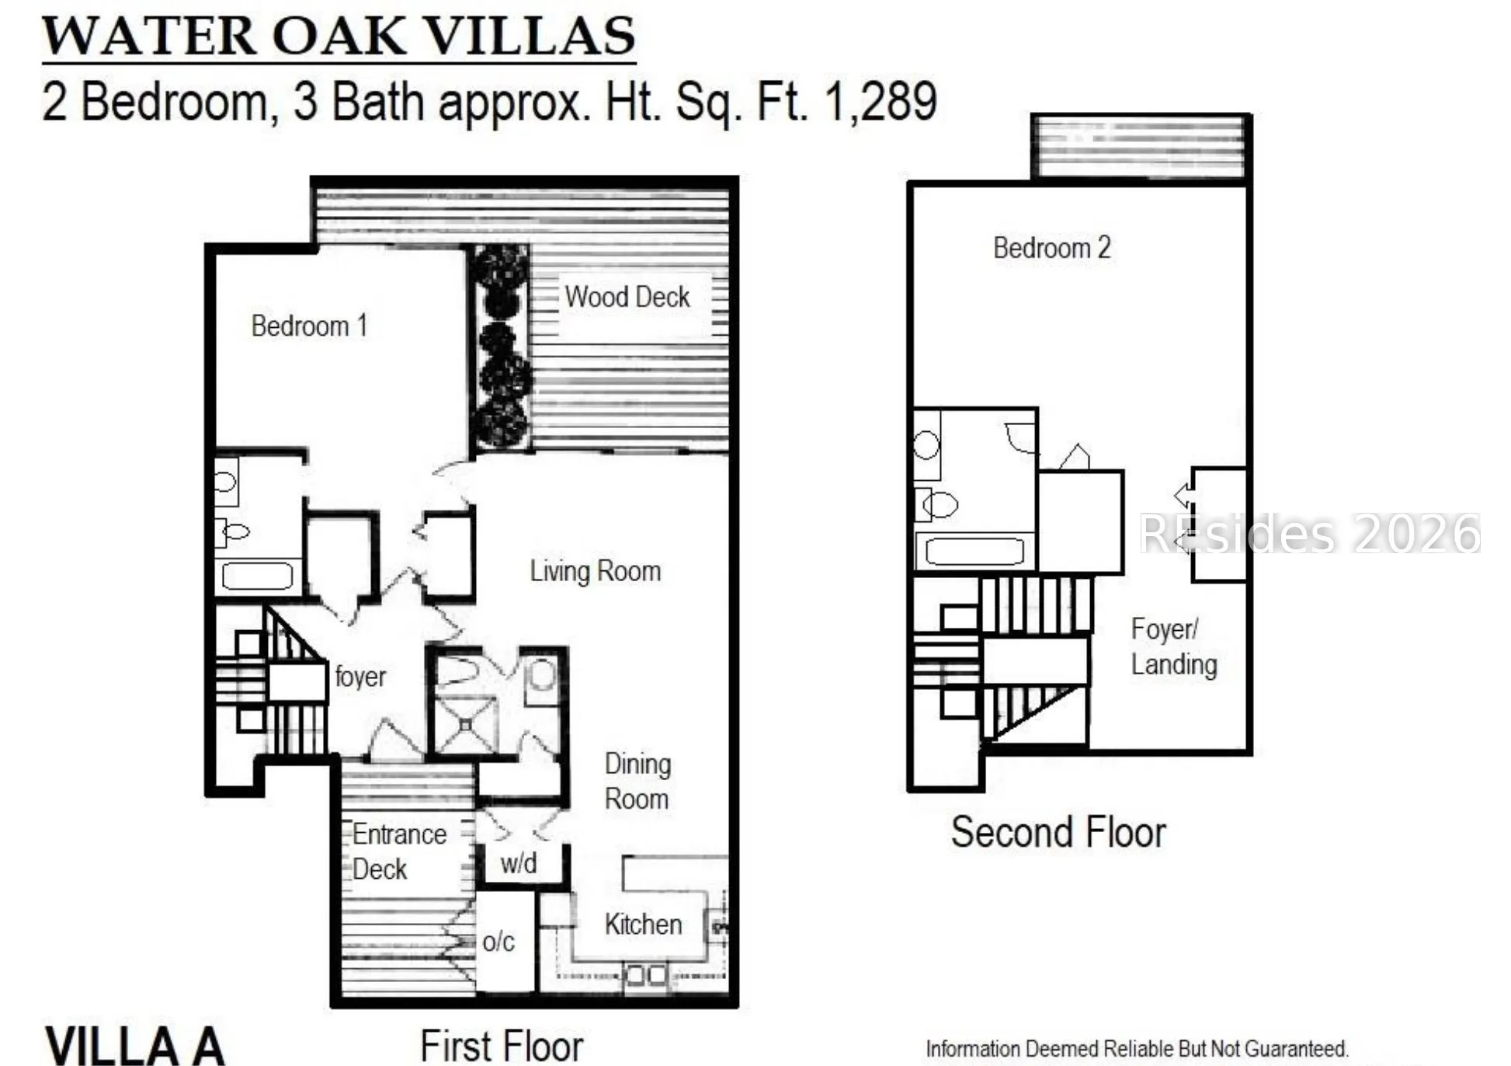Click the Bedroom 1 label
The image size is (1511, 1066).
[309, 326]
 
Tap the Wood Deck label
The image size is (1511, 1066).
[627, 297]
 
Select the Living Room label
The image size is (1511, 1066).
[596, 571]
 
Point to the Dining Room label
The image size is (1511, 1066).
[637, 781]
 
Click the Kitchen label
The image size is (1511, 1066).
[643, 924]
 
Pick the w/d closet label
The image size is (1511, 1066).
[519, 862]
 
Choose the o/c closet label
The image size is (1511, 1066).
[498, 942]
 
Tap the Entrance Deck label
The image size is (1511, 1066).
[399, 852]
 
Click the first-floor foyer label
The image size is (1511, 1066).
[360, 676]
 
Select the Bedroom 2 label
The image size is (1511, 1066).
[1052, 248]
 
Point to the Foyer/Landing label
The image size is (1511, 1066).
[1174, 646]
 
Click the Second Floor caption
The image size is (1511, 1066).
[1058, 832]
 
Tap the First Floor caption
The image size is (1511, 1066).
[502, 1045]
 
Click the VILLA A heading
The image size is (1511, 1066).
[135, 1046]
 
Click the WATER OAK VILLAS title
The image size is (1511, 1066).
[339, 36]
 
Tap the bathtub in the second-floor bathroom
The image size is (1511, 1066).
[975, 552]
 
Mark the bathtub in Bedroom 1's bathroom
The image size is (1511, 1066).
[258, 577]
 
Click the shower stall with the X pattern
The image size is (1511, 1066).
[465, 725]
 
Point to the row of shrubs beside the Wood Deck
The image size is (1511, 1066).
[501, 347]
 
